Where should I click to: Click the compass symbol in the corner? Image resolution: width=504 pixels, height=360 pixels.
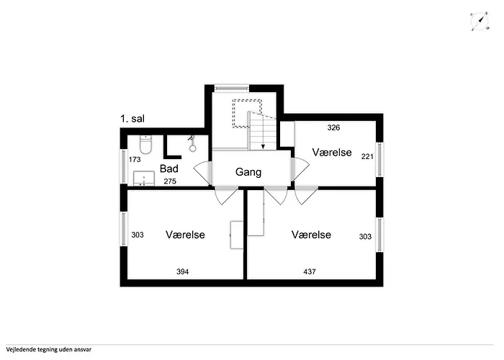pyautogui.click(x=478, y=22)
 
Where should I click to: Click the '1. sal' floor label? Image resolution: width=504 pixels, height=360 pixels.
pyautogui.click(x=133, y=120)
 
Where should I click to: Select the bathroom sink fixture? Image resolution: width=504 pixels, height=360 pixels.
pyautogui.click(x=145, y=178)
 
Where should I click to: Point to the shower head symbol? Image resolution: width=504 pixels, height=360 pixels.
pyautogui.click(x=192, y=142)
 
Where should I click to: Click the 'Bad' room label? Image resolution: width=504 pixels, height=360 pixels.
pyautogui.click(x=169, y=168)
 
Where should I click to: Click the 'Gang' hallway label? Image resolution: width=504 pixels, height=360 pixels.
pyautogui.click(x=248, y=173)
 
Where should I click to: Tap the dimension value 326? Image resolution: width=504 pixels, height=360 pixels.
pyautogui.click(x=333, y=128)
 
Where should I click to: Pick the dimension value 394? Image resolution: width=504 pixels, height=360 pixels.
pyautogui.click(x=184, y=271)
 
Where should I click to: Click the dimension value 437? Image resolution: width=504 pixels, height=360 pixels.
pyautogui.click(x=310, y=271)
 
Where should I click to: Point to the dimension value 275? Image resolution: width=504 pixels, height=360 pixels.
pyautogui.click(x=170, y=181)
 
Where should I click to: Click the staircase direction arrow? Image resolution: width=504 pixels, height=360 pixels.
pyautogui.click(x=263, y=143)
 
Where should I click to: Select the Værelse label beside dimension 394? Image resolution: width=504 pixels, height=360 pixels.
pyautogui.click(x=185, y=235)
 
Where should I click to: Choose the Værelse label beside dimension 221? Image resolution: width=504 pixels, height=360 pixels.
pyautogui.click(x=331, y=153)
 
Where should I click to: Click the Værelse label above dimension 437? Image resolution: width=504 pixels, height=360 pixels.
pyautogui.click(x=311, y=235)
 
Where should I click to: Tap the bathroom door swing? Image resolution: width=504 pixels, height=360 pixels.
pyautogui.click(x=202, y=173)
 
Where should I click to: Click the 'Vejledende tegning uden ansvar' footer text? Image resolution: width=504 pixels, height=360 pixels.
pyautogui.click(x=50, y=350)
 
